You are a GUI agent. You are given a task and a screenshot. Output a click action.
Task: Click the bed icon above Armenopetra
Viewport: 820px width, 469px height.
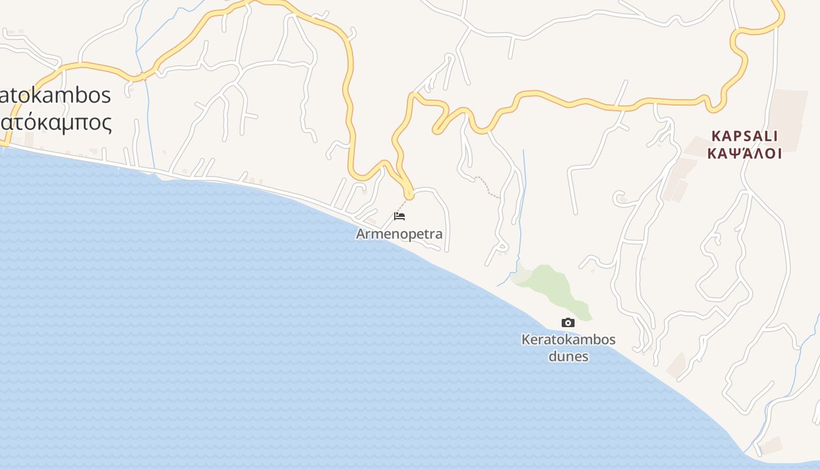(399, 216)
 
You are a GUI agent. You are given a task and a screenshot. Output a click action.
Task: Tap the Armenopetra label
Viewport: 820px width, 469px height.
(399, 234)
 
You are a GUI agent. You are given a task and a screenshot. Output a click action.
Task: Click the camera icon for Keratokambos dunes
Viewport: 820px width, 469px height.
(568, 322)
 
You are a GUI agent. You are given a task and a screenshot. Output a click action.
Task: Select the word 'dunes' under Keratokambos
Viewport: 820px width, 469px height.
(568, 356)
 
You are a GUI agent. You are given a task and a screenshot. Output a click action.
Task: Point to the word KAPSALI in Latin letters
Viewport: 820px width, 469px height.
(744, 136)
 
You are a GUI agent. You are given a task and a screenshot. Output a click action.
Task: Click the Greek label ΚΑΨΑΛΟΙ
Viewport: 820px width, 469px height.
(744, 154)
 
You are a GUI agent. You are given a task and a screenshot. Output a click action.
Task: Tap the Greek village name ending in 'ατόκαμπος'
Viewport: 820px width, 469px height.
(56, 123)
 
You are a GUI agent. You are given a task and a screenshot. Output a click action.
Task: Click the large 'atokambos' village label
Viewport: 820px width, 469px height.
(56, 95)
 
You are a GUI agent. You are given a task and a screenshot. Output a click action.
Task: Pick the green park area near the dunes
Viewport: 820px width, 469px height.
(551, 287)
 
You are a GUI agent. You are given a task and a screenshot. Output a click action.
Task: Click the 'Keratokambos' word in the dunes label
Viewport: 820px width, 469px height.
(568, 339)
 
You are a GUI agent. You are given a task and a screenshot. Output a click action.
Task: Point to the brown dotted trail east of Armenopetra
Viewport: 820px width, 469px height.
(487, 186)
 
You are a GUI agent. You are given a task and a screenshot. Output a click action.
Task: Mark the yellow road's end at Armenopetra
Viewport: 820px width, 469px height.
(408, 194)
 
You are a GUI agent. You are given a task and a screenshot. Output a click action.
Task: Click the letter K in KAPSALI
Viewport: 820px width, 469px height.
(715, 136)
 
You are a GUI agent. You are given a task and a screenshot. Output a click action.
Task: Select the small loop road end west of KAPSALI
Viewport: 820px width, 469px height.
(619, 198)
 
